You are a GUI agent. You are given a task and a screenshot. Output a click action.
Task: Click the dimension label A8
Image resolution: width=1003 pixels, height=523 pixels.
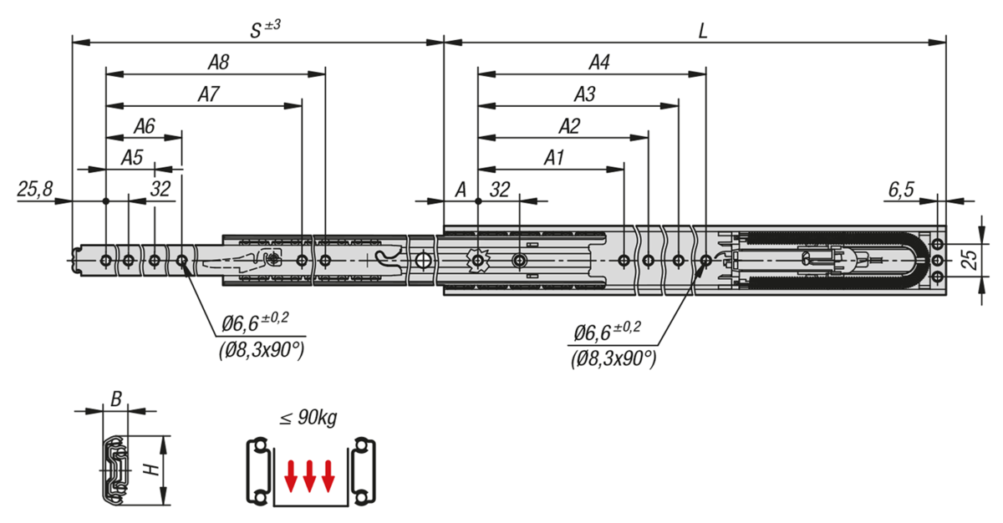tap(219, 62)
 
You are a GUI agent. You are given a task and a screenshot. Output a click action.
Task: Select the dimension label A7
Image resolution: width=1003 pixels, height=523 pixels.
tap(208, 94)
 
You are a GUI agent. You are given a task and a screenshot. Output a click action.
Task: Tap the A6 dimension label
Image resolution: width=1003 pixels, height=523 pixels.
tap(145, 126)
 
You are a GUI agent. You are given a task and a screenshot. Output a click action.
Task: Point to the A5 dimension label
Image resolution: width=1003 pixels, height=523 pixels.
tap(132, 157)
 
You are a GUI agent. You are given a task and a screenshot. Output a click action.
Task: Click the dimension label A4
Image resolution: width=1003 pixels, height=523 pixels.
tap(599, 62)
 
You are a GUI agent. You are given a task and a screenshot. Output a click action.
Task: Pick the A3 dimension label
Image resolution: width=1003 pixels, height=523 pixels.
tap(584, 94)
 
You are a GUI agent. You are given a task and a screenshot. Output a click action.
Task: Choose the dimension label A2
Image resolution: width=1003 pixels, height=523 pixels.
tap(569, 126)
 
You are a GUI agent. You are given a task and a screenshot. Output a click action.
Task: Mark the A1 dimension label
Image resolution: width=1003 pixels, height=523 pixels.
tap(554, 157)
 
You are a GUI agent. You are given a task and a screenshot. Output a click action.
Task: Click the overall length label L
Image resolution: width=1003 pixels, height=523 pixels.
tap(704, 31)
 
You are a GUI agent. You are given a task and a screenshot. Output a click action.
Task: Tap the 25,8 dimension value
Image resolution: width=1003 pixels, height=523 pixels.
tap(34, 190)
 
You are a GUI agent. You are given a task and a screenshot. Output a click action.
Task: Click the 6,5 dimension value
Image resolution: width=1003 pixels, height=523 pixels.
tap(900, 190)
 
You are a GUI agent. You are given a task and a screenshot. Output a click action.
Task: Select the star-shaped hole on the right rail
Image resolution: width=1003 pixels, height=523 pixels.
tap(477, 261)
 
